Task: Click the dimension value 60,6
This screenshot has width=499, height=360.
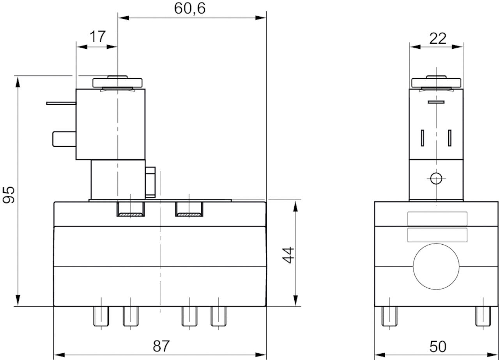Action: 189,8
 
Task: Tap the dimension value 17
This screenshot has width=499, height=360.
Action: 97,37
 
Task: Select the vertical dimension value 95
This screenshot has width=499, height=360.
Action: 9,194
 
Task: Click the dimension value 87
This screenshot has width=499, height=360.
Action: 161,346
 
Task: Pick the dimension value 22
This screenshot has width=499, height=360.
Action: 437,38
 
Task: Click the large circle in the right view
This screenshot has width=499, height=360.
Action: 436,266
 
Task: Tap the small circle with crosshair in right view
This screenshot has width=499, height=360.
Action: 436,179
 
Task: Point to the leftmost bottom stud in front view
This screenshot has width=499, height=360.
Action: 101,316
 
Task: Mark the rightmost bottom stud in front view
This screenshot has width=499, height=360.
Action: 218,316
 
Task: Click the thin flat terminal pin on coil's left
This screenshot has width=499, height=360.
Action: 61,103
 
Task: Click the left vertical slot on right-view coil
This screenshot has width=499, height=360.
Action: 422,138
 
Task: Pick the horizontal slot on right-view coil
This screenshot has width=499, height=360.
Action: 436,102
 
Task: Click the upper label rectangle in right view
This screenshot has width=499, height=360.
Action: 437,219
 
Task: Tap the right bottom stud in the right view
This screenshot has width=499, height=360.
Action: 483,316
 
